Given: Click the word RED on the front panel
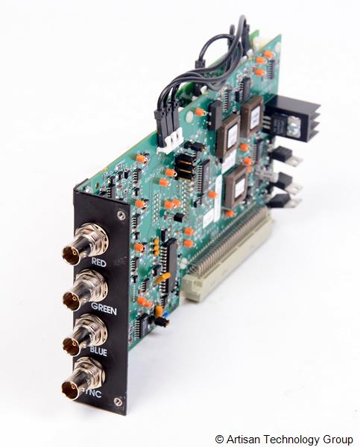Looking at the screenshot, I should click(x=98, y=263).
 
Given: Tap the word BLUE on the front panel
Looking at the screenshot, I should click(x=98, y=349).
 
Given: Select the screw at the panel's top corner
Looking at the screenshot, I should click(x=120, y=215).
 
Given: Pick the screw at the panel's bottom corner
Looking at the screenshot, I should click(x=118, y=402).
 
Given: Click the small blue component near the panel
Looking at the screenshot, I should click(x=163, y=321).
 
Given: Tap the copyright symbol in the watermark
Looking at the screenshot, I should click(x=219, y=440).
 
